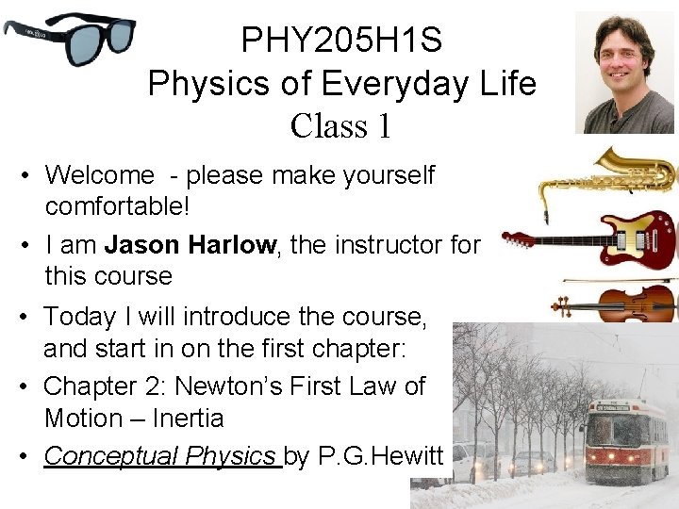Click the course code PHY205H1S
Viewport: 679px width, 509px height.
(x=341, y=41)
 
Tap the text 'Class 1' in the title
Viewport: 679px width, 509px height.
(x=341, y=125)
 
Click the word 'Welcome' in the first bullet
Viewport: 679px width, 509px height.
(x=99, y=174)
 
